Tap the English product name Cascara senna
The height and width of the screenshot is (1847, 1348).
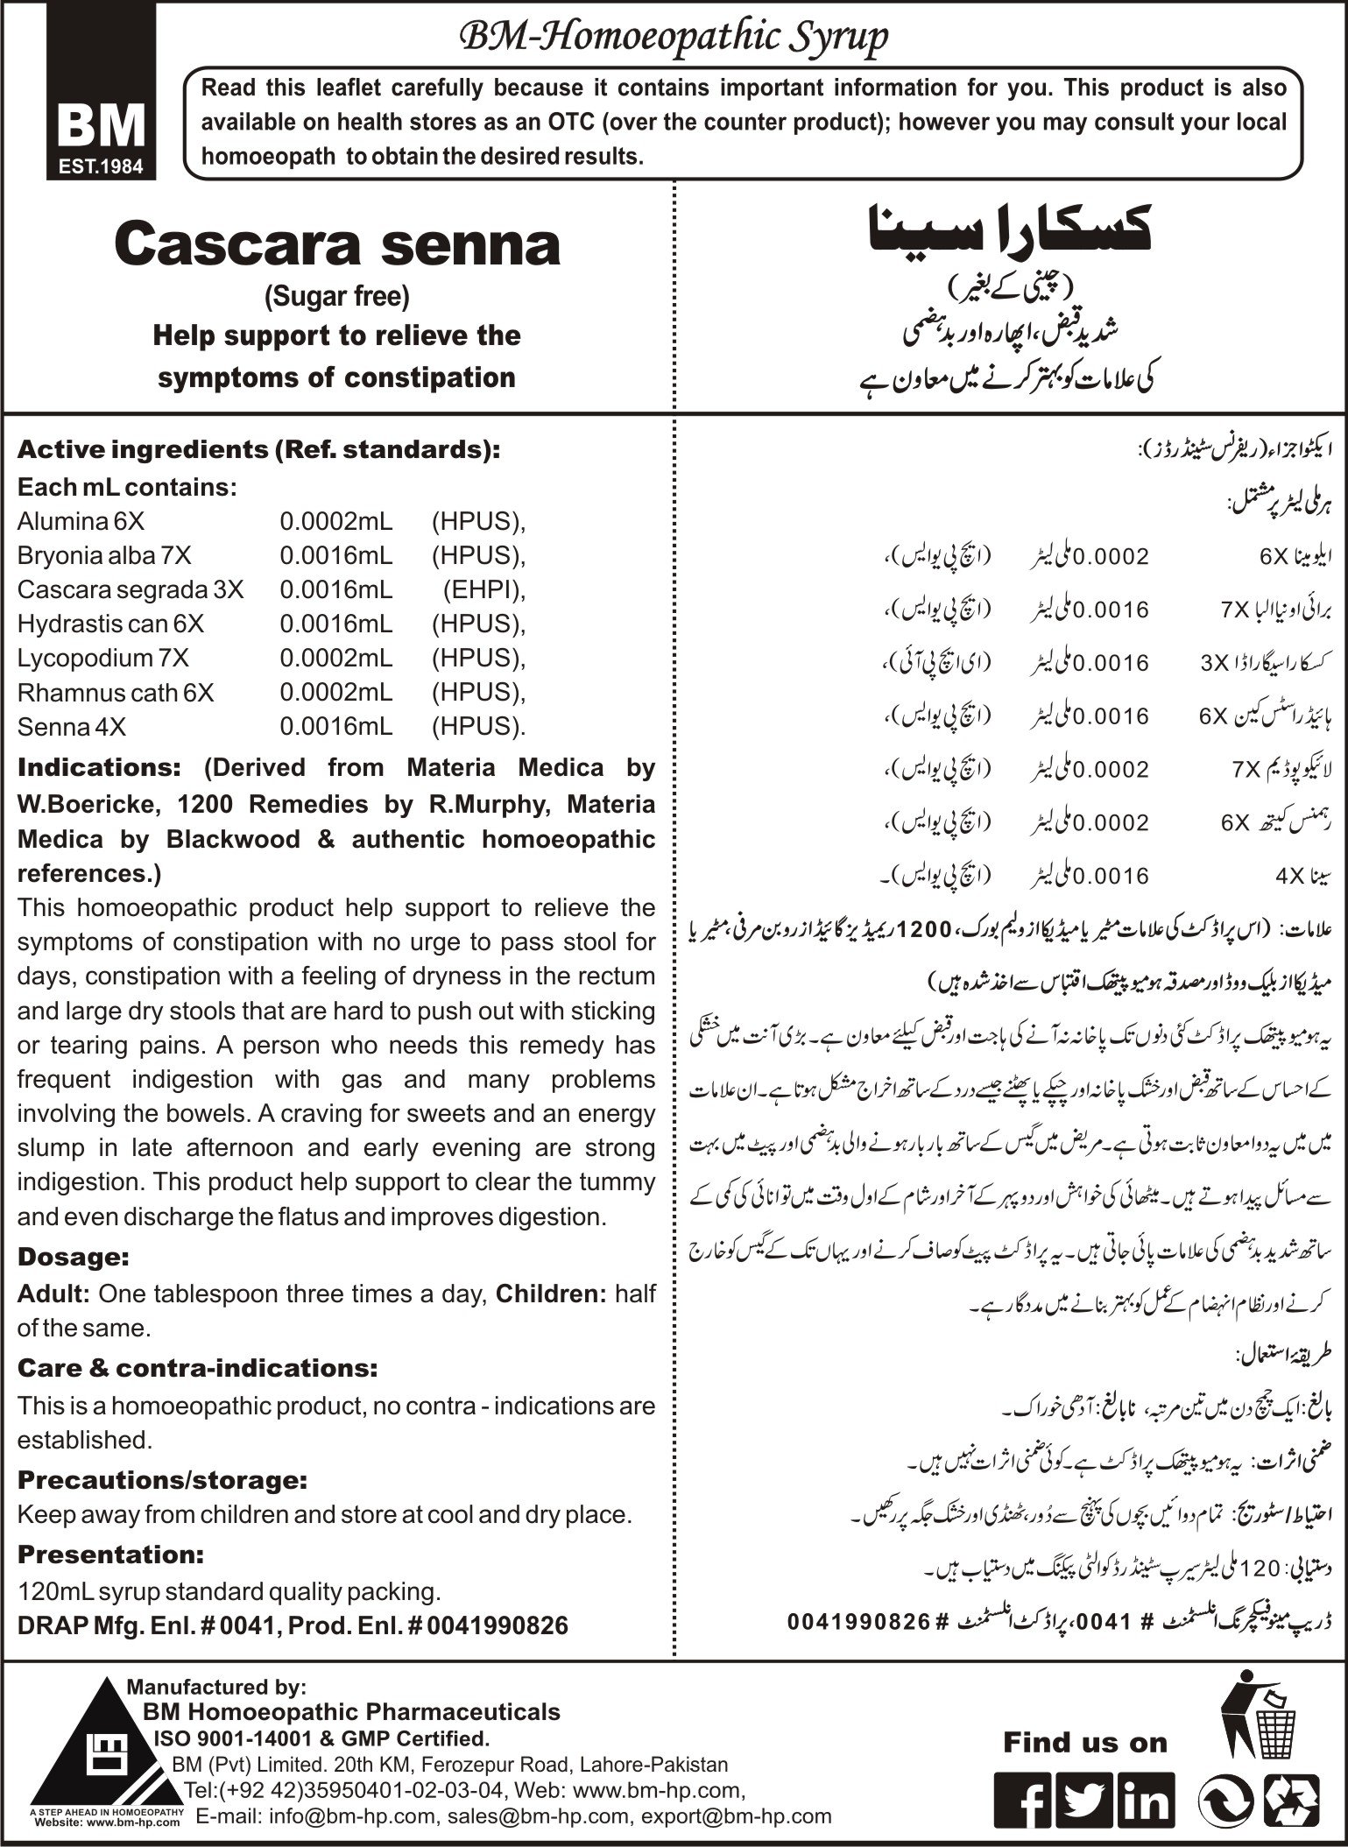click(337, 245)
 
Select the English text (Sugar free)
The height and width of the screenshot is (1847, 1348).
click(337, 297)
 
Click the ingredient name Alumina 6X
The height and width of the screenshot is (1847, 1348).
click(81, 522)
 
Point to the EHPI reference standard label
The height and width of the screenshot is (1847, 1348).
click(481, 590)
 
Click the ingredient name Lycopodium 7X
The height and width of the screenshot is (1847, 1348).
click(102, 659)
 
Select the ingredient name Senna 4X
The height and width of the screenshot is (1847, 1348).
click(71, 727)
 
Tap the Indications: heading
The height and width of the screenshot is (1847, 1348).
click(99, 768)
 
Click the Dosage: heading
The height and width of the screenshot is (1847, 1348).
click(74, 1258)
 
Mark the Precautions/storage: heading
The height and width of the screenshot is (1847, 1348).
click(162, 1480)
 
